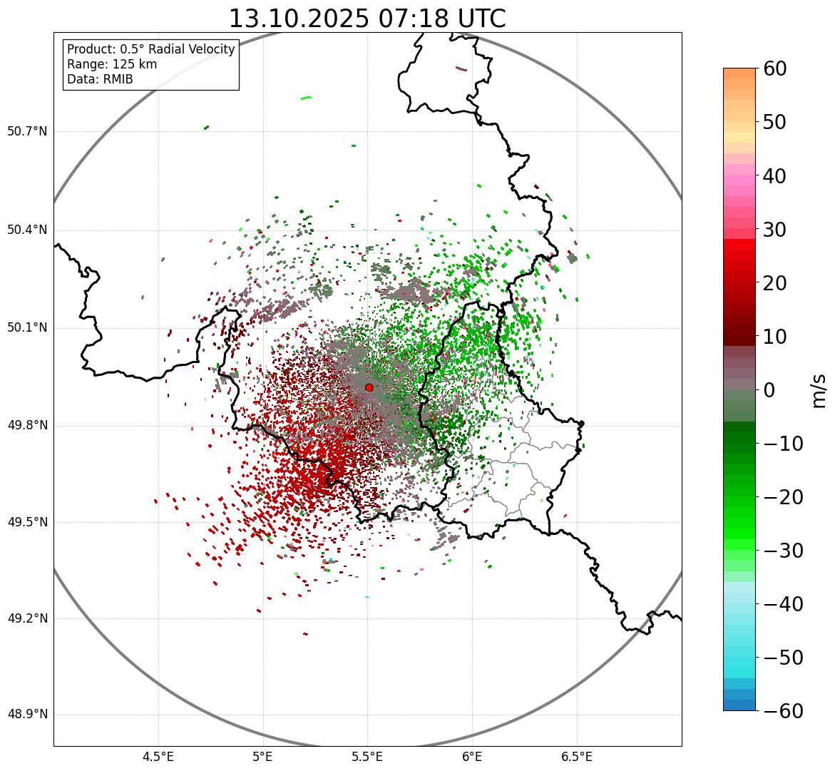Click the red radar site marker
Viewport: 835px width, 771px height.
point(369,387)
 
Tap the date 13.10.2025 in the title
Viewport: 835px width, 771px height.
point(298,19)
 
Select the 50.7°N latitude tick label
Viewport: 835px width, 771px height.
point(27,131)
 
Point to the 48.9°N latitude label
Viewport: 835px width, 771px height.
point(27,715)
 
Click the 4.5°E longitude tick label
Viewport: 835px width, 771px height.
point(158,756)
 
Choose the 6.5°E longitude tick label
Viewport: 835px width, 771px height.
point(576,756)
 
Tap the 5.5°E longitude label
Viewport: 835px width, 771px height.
point(367,756)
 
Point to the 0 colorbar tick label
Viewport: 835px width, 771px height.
point(769,390)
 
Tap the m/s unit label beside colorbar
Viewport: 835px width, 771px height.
point(820,390)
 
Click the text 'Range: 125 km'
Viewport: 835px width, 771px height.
point(112,64)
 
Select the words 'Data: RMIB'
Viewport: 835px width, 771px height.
point(100,79)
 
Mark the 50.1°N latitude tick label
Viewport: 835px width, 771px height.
point(27,327)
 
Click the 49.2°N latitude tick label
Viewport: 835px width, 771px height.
point(27,618)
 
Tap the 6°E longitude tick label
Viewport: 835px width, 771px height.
point(472,756)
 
